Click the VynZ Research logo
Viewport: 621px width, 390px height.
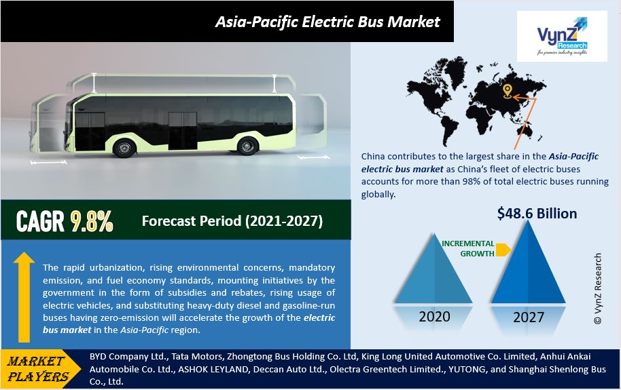point(562,36)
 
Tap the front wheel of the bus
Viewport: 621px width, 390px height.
point(124,148)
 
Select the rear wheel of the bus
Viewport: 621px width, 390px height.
point(247,146)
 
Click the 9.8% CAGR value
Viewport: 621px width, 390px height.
point(92,221)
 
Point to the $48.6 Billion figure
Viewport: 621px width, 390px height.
point(537,214)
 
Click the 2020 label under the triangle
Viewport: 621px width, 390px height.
point(434,317)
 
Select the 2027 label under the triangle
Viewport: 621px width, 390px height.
point(529,317)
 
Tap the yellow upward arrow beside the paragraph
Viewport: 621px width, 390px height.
point(24,297)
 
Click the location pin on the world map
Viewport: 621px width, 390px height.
point(507,92)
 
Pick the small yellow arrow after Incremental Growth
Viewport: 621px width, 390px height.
point(503,250)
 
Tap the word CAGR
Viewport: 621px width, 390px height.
point(40,221)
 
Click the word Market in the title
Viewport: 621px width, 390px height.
point(414,22)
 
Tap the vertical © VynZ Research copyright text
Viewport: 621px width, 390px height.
point(598,289)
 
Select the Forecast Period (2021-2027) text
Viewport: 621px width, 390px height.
point(232,220)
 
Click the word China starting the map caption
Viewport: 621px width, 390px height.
point(373,156)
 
